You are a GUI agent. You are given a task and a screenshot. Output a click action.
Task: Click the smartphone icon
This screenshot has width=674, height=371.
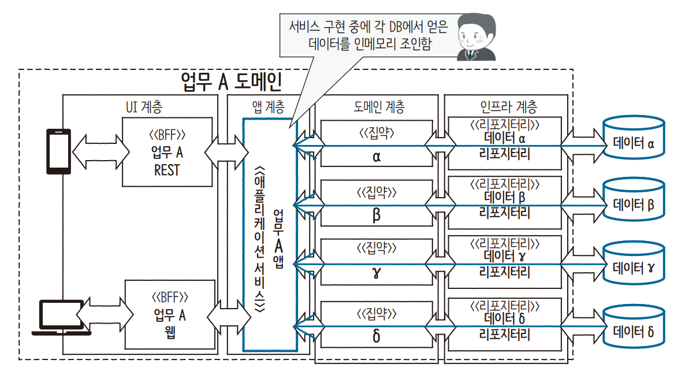pyautogui.click(x=58, y=151)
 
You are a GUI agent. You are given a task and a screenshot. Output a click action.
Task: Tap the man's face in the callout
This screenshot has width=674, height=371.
pyautogui.click(x=475, y=36)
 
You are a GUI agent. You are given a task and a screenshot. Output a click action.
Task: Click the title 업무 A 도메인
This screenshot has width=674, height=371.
pyautogui.click(x=231, y=82)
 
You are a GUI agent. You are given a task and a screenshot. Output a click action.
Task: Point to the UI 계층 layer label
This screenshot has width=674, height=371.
pyautogui.click(x=144, y=107)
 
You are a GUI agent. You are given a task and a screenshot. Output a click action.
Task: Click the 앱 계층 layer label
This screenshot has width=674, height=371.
pyautogui.click(x=268, y=107)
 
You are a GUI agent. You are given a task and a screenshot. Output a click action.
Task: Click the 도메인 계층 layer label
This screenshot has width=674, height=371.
pyautogui.click(x=378, y=107)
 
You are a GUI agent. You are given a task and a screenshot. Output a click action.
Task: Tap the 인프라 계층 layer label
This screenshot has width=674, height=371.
pyautogui.click(x=508, y=107)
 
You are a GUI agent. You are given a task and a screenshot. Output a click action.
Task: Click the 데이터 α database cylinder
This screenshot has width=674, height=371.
pyautogui.click(x=633, y=143)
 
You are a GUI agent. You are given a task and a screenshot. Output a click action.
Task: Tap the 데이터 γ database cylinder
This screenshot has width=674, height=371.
pyautogui.click(x=633, y=267)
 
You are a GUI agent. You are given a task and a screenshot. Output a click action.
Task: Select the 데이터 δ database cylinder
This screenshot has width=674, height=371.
pyautogui.click(x=633, y=331)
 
